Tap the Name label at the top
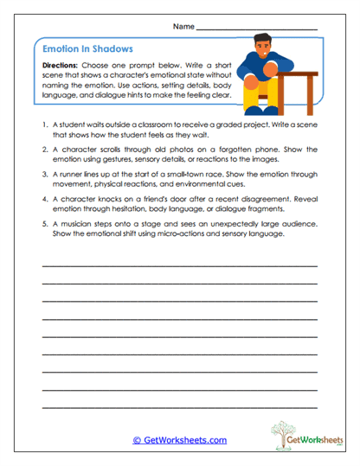(x=183, y=27)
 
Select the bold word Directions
(x=64, y=66)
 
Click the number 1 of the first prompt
(x=43, y=124)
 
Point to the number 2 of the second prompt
(x=43, y=149)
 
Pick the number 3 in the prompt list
(x=43, y=173)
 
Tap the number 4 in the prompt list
(x=43, y=197)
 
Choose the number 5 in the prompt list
(x=43, y=222)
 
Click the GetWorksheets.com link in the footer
(x=180, y=440)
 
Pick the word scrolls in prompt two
(x=106, y=149)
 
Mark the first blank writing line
(x=179, y=265)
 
